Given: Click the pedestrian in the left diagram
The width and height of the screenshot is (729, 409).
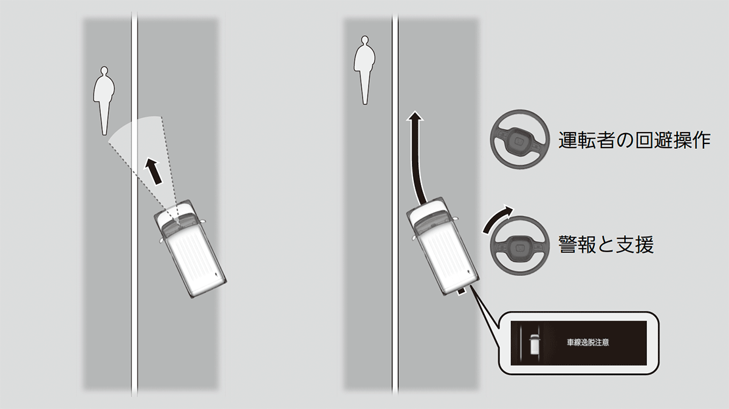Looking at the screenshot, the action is coord(104,98).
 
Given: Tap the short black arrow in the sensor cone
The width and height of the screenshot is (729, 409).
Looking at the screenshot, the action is coord(153,171).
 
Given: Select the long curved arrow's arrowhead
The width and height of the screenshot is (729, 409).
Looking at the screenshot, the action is coord(415,117).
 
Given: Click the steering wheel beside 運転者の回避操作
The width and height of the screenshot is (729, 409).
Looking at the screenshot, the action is coord(520,139).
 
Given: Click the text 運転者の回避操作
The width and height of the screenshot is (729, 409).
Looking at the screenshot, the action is coord(634,140).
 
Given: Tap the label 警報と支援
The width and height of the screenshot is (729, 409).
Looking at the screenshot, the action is coord(606,244).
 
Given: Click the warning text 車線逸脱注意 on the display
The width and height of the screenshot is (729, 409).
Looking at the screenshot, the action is coord(588,342).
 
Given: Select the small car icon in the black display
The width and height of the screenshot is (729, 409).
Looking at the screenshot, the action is coord(535,344).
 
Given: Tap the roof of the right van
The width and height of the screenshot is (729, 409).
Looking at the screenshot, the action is coord(448,256).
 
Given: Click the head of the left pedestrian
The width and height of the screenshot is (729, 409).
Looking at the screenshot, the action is coord(104,70).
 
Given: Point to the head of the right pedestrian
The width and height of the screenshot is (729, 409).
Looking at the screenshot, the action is coord(365,40).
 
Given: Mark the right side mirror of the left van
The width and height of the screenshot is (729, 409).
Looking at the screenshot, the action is coord(203,221).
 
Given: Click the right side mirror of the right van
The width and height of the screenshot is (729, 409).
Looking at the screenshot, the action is coord(456,218).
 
